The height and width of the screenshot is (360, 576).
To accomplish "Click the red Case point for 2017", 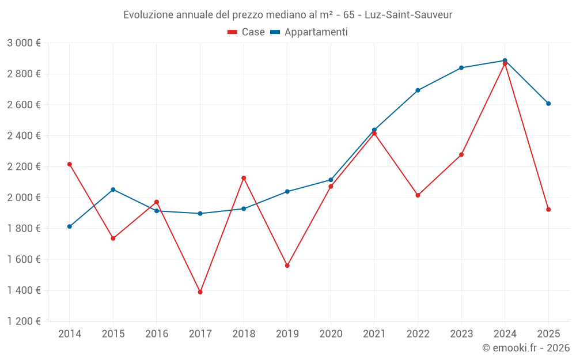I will (x=200, y=292).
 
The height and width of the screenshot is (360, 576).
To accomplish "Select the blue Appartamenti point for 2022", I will (x=418, y=90).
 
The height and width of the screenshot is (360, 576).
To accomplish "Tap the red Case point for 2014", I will (x=70, y=164).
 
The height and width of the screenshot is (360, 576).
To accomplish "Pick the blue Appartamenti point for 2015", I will (x=113, y=190).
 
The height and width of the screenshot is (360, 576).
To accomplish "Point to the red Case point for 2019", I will (x=287, y=266).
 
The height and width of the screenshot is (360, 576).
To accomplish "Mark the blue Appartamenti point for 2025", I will (x=548, y=104).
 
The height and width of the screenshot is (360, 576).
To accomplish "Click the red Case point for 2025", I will (x=548, y=210).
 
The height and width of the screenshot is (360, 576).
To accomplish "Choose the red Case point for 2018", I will (x=244, y=178).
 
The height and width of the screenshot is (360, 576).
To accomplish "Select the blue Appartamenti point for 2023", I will (x=461, y=68).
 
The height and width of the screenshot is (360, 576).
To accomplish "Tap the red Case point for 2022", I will (x=418, y=195).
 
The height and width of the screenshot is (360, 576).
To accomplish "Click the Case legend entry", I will (x=247, y=32).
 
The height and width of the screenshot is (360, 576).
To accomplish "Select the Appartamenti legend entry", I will (x=309, y=32).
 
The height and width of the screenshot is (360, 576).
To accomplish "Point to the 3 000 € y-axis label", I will (x=24, y=43).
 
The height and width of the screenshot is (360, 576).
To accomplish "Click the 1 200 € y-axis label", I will (x=24, y=321).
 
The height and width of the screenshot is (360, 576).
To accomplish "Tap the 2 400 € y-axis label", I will (x=24, y=136).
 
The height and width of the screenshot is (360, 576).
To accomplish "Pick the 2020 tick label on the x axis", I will (x=331, y=334).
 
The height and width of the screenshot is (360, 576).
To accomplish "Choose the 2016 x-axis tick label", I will (x=157, y=334).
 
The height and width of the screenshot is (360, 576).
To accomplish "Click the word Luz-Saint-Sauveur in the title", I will (x=408, y=14).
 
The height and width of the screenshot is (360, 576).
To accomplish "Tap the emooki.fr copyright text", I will (x=526, y=348).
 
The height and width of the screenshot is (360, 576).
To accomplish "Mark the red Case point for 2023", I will (x=461, y=154).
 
